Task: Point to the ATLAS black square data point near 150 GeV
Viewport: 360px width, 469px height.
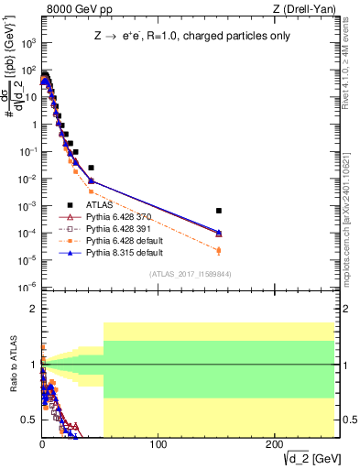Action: (218, 211)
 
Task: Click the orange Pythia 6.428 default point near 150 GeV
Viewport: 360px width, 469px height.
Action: (218, 250)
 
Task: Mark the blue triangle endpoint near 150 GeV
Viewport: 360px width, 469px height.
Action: (218, 233)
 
